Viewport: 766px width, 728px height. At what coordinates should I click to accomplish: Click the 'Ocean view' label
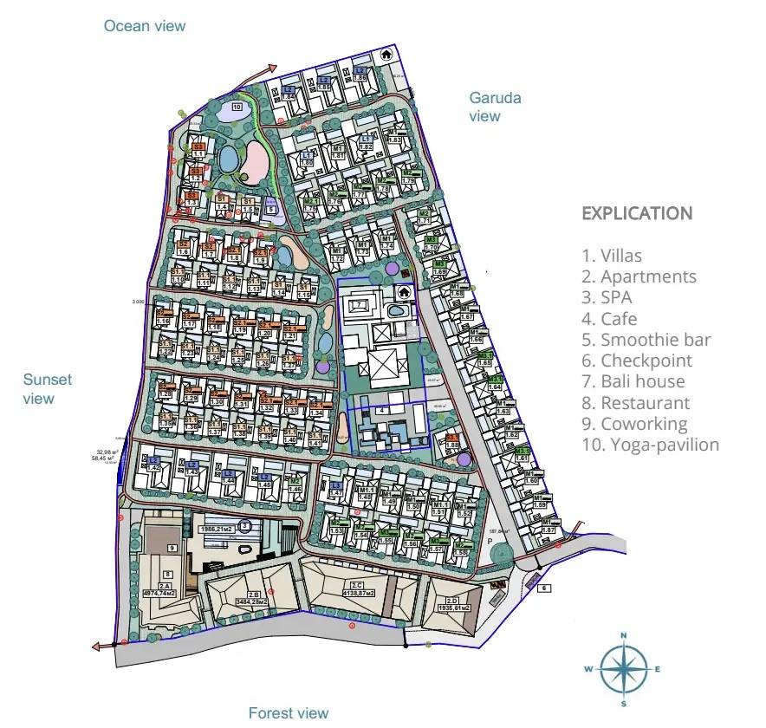[145, 26]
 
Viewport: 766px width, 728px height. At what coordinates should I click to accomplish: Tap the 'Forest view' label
[289, 713]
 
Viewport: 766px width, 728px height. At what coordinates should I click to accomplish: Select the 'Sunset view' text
[48, 389]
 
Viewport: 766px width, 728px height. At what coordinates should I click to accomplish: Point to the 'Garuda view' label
[495, 107]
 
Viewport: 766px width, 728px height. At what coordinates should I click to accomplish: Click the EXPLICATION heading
[636, 213]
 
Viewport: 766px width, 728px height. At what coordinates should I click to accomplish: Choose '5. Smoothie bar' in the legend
[646, 340]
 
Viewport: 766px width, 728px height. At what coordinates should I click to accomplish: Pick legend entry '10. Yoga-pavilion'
[651, 445]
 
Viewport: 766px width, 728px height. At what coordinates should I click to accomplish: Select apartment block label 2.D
[451, 600]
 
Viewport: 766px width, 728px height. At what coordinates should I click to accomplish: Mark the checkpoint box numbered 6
[544, 588]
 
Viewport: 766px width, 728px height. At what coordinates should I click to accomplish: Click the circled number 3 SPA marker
[245, 525]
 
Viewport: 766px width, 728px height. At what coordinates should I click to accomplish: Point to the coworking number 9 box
[172, 548]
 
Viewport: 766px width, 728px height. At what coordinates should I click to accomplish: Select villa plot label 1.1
[198, 153]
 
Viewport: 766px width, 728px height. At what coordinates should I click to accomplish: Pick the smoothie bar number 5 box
[270, 209]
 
